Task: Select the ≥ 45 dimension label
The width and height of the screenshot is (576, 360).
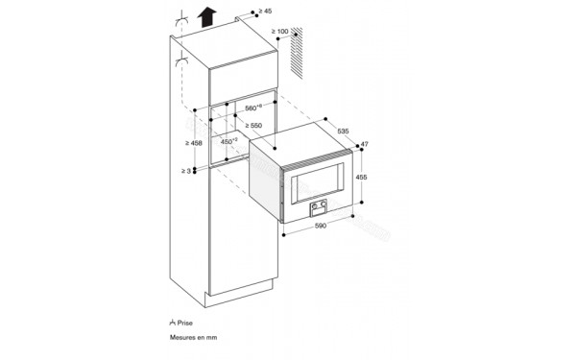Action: click(x=269, y=11)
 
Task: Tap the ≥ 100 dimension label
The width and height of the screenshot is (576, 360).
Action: click(x=279, y=34)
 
